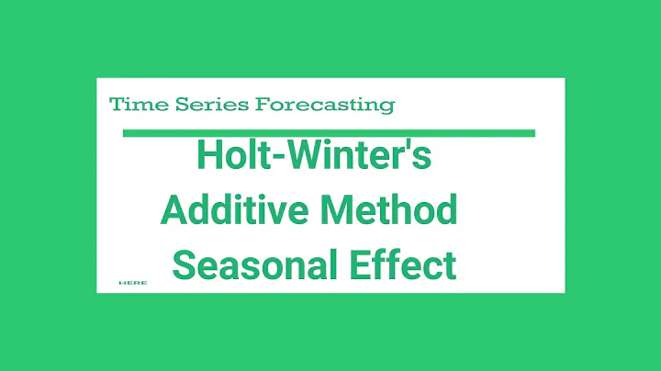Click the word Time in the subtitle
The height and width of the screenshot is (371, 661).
[131, 105]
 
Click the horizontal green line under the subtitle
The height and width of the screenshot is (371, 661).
[329, 133]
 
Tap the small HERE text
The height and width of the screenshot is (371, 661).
[133, 283]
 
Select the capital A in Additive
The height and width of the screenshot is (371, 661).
[174, 211]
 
